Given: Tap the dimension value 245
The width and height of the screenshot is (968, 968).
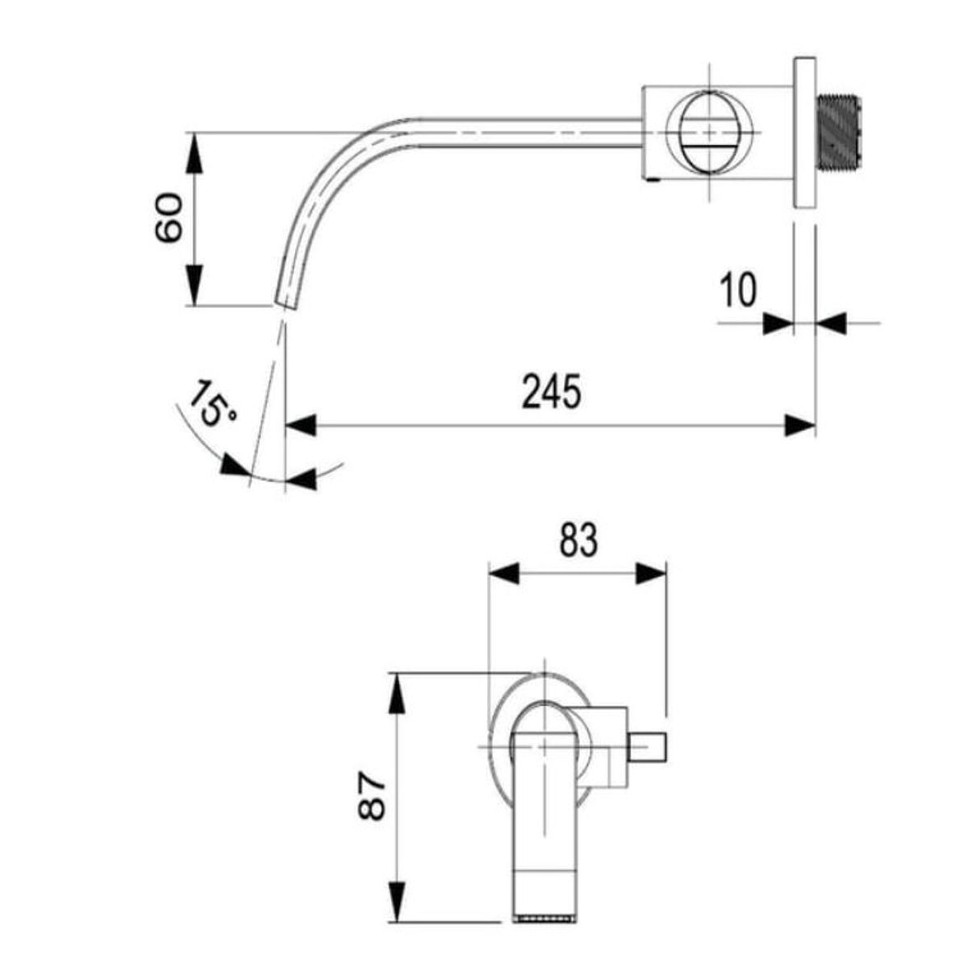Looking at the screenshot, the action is tap(552, 391).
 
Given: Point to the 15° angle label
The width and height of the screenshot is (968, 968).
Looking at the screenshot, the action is tap(211, 410).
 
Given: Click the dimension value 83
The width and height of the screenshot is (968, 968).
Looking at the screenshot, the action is tap(578, 540).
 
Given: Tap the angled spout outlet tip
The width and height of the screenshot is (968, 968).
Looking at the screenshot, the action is tap(287, 302).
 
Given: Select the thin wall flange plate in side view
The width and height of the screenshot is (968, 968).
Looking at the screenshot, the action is tap(805, 132).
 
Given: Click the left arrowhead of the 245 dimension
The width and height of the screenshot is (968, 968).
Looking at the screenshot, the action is tap(300, 425).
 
